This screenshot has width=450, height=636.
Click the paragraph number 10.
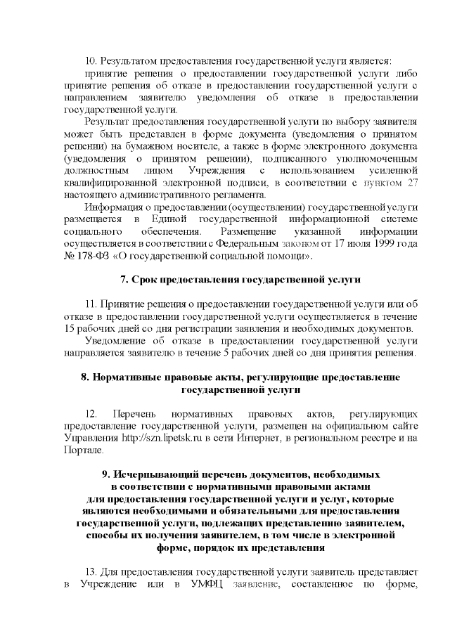point(89,62)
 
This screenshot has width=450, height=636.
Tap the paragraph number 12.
point(90,414)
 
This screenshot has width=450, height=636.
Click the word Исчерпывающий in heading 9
point(169,474)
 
